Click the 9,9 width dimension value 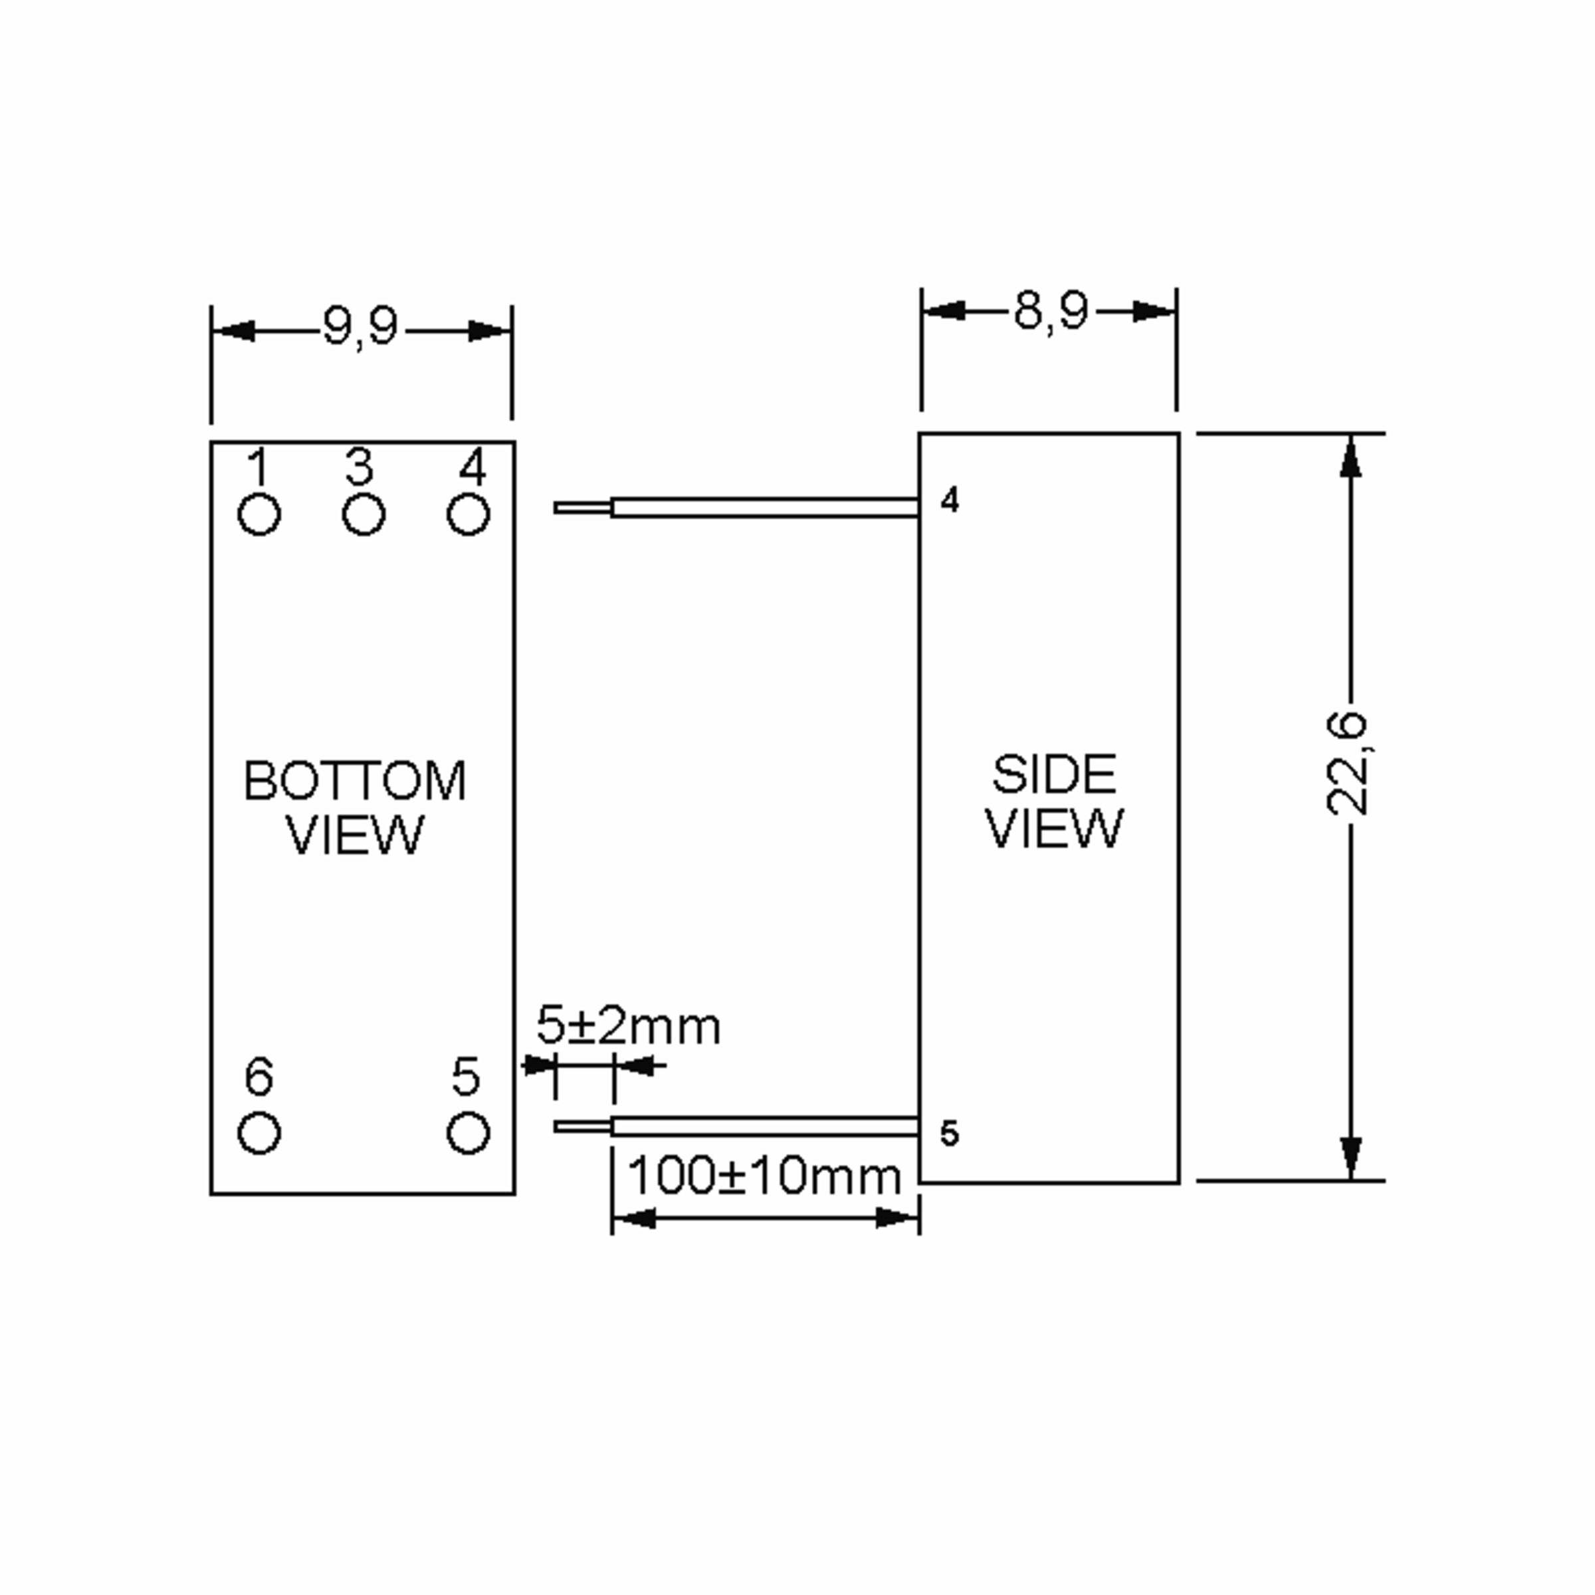click(360, 328)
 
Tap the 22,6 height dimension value click(1346, 764)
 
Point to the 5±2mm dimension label click(628, 1025)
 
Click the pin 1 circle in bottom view click(259, 514)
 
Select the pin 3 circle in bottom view click(364, 514)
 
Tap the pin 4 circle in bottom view click(468, 514)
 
